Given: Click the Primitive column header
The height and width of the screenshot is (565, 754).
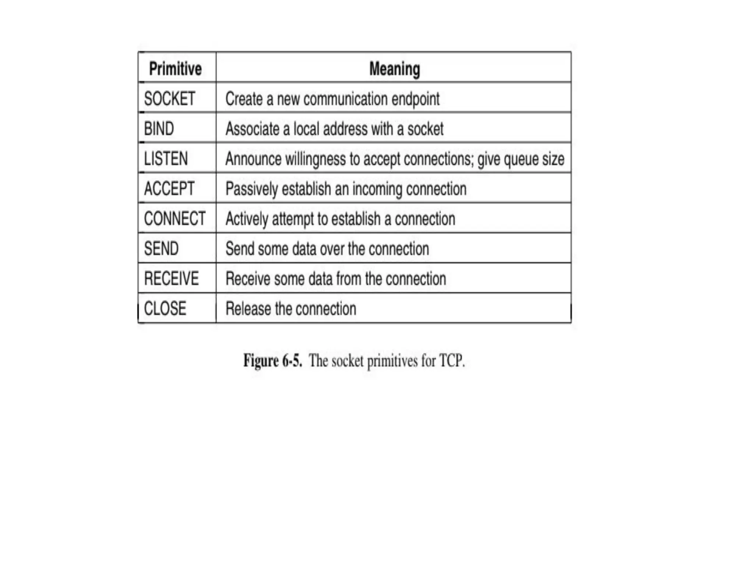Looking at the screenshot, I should (175, 69).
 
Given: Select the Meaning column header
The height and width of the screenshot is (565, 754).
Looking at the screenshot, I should (394, 69).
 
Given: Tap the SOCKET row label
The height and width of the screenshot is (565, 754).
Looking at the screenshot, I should (169, 99).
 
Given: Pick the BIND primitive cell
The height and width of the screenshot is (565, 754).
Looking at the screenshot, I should (159, 129).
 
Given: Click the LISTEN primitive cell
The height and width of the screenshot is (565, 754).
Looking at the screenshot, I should (166, 159).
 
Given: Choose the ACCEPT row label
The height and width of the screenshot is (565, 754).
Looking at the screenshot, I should (169, 189).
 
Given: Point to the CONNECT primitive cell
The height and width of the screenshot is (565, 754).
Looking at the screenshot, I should (175, 218).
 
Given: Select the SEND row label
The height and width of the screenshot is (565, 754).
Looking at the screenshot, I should (161, 249).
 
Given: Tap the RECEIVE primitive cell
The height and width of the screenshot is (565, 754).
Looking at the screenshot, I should (171, 278).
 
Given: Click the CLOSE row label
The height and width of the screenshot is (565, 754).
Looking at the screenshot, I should (165, 308).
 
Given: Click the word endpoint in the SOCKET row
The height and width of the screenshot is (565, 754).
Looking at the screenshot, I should (415, 99).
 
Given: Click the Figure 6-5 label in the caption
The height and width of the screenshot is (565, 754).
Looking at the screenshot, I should (272, 361).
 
